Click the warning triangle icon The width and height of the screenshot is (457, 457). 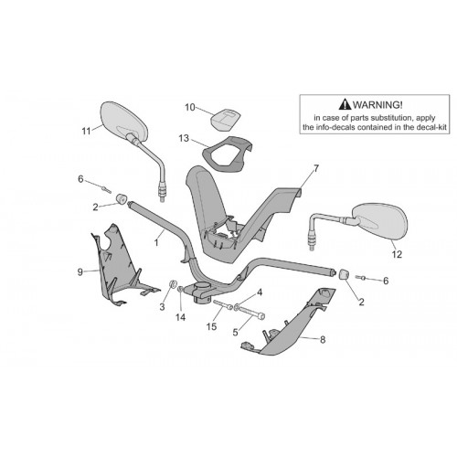point(345,104)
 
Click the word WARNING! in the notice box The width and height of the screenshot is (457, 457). point(377,105)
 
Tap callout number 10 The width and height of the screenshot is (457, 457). point(190,108)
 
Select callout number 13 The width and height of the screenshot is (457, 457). point(184,138)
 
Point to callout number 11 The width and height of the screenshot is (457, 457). point(86,132)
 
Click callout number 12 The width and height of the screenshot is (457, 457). point(397,254)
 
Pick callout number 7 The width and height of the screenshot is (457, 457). point(316,168)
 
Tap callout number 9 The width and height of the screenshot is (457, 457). point(80,271)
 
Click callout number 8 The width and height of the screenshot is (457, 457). point(323,339)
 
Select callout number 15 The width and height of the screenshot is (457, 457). point(211,326)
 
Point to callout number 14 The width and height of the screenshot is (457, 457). point(180,317)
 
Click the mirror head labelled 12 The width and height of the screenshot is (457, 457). point(379,221)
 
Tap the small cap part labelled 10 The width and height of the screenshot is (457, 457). point(226,119)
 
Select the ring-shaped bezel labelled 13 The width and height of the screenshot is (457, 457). point(227,153)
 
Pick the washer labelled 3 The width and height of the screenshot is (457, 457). point(173,284)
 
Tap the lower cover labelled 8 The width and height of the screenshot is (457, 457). point(290,323)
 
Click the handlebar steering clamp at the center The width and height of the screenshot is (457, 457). point(201,291)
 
